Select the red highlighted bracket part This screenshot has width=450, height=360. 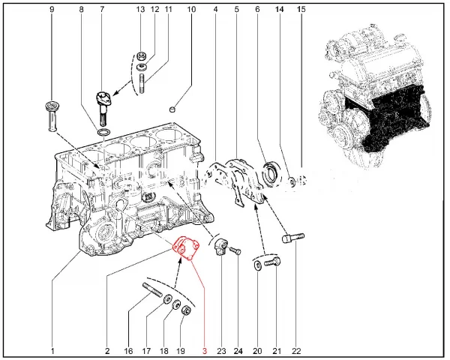click(185, 250)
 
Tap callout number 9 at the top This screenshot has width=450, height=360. click(52, 10)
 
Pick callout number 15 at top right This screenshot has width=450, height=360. click(301, 10)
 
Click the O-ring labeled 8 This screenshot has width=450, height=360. click(104, 133)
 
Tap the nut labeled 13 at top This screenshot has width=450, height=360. click(139, 56)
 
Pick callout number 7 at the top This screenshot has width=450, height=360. click(103, 10)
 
